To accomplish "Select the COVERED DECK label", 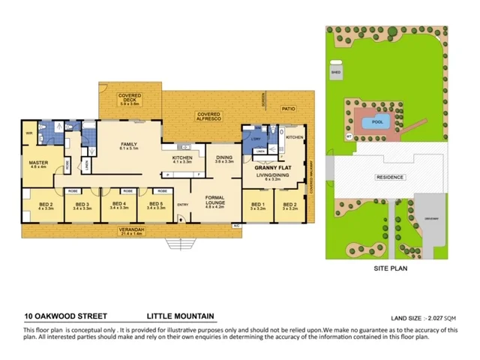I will [x=130, y=96].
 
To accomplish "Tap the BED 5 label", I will [x=156, y=203].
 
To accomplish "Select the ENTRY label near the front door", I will [x=183, y=205].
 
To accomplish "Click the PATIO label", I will [x=289, y=109].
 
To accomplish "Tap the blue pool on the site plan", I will [x=373, y=122].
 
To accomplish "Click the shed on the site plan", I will [x=335, y=72].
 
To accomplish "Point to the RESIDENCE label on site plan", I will [x=390, y=178].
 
